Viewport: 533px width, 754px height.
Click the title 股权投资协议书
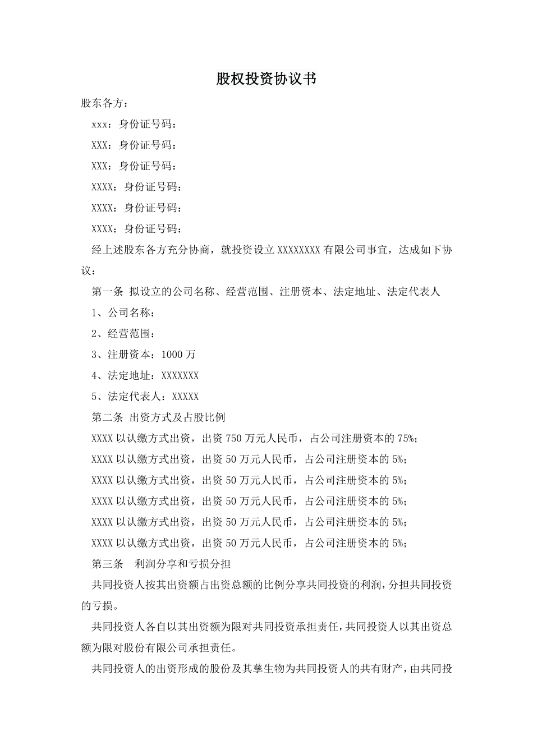[266, 79]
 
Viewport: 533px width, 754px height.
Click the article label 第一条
[107, 292]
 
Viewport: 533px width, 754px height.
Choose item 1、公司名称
[123, 312]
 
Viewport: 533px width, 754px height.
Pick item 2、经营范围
[123, 334]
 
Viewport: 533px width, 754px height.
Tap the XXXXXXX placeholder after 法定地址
[180, 375]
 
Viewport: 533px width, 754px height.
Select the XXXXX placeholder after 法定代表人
[185, 397]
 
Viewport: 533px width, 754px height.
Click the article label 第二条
[107, 417]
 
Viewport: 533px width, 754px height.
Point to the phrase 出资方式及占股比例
[177, 417]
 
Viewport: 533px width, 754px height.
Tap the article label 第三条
[107, 564]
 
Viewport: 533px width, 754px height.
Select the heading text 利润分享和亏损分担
[183, 564]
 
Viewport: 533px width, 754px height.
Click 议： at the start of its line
[89, 271]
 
